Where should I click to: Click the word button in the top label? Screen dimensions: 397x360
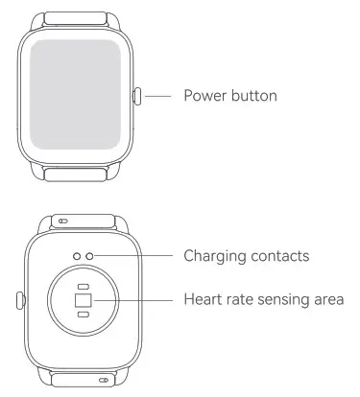tap(254, 96)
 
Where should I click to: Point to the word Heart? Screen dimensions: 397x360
tap(202, 301)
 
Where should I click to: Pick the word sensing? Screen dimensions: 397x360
tap(285, 301)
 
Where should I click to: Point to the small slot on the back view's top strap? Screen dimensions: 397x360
tap(63, 221)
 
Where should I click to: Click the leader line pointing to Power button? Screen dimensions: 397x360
tap(158, 96)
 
